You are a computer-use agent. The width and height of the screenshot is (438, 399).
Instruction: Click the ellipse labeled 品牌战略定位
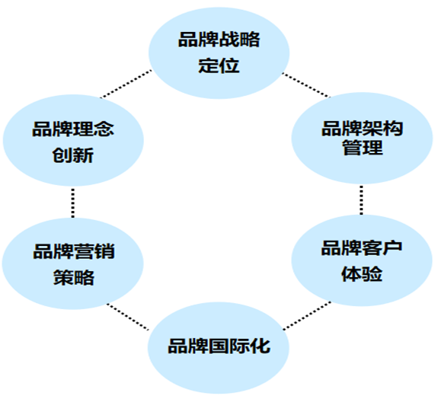tap(219, 53)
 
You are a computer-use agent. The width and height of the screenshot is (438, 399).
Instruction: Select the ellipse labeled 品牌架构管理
tap(362, 139)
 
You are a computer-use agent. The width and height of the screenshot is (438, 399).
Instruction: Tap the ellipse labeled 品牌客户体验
tap(362, 260)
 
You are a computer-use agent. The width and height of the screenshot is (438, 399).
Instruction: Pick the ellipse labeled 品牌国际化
tap(219, 348)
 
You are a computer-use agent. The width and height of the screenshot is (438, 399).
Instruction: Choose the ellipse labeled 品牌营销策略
tap(72, 263)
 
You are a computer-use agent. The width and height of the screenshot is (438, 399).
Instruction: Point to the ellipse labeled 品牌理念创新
tap(73, 140)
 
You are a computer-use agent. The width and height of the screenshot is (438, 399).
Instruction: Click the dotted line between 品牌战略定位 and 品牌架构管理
tap(305, 85)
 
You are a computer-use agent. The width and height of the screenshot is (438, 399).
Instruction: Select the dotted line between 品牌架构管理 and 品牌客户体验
tap(362, 199)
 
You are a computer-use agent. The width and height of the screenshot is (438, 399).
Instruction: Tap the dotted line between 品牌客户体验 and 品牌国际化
tap(307, 315)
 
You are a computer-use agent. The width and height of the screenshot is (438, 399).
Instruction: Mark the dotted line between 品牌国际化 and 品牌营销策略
tap(128, 317)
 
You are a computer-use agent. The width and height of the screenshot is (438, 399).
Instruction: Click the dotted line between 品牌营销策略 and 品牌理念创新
tap(73, 203)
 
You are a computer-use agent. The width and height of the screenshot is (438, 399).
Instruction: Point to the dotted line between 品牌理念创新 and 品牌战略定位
tap(126, 84)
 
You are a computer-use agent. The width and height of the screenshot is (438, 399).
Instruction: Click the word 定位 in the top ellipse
tap(219, 66)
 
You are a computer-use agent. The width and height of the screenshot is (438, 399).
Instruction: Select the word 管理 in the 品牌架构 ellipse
tap(363, 148)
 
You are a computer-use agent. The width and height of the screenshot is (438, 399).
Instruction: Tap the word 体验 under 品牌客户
tap(362, 274)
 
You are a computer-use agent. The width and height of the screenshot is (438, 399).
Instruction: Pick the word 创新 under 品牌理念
tap(73, 155)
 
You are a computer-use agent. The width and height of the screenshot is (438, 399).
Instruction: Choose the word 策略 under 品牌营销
tap(74, 277)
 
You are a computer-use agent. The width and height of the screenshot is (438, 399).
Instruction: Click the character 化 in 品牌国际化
tap(260, 346)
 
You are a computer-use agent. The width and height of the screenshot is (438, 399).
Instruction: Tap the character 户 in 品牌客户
tap(392, 247)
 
